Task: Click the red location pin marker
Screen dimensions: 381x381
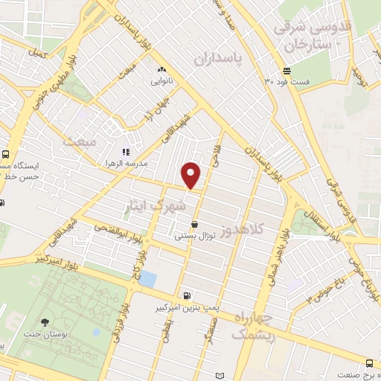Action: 191,176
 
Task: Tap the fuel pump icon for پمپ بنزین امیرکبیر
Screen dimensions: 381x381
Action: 185,295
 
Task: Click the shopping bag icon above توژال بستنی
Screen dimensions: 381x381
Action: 194,224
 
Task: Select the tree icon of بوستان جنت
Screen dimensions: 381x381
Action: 45,322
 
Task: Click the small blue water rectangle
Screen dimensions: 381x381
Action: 147,280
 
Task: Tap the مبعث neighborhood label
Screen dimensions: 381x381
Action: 80,141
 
